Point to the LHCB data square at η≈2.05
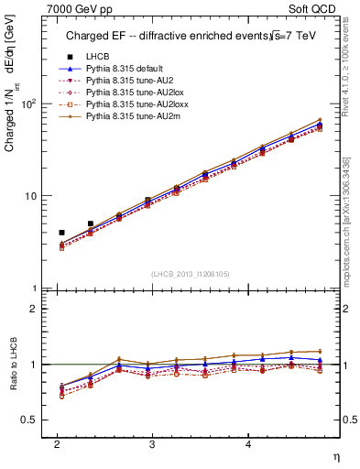pos(61,233)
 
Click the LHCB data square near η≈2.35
pos(90,224)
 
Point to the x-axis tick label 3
pos(152,443)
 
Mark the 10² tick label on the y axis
pos(29,104)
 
